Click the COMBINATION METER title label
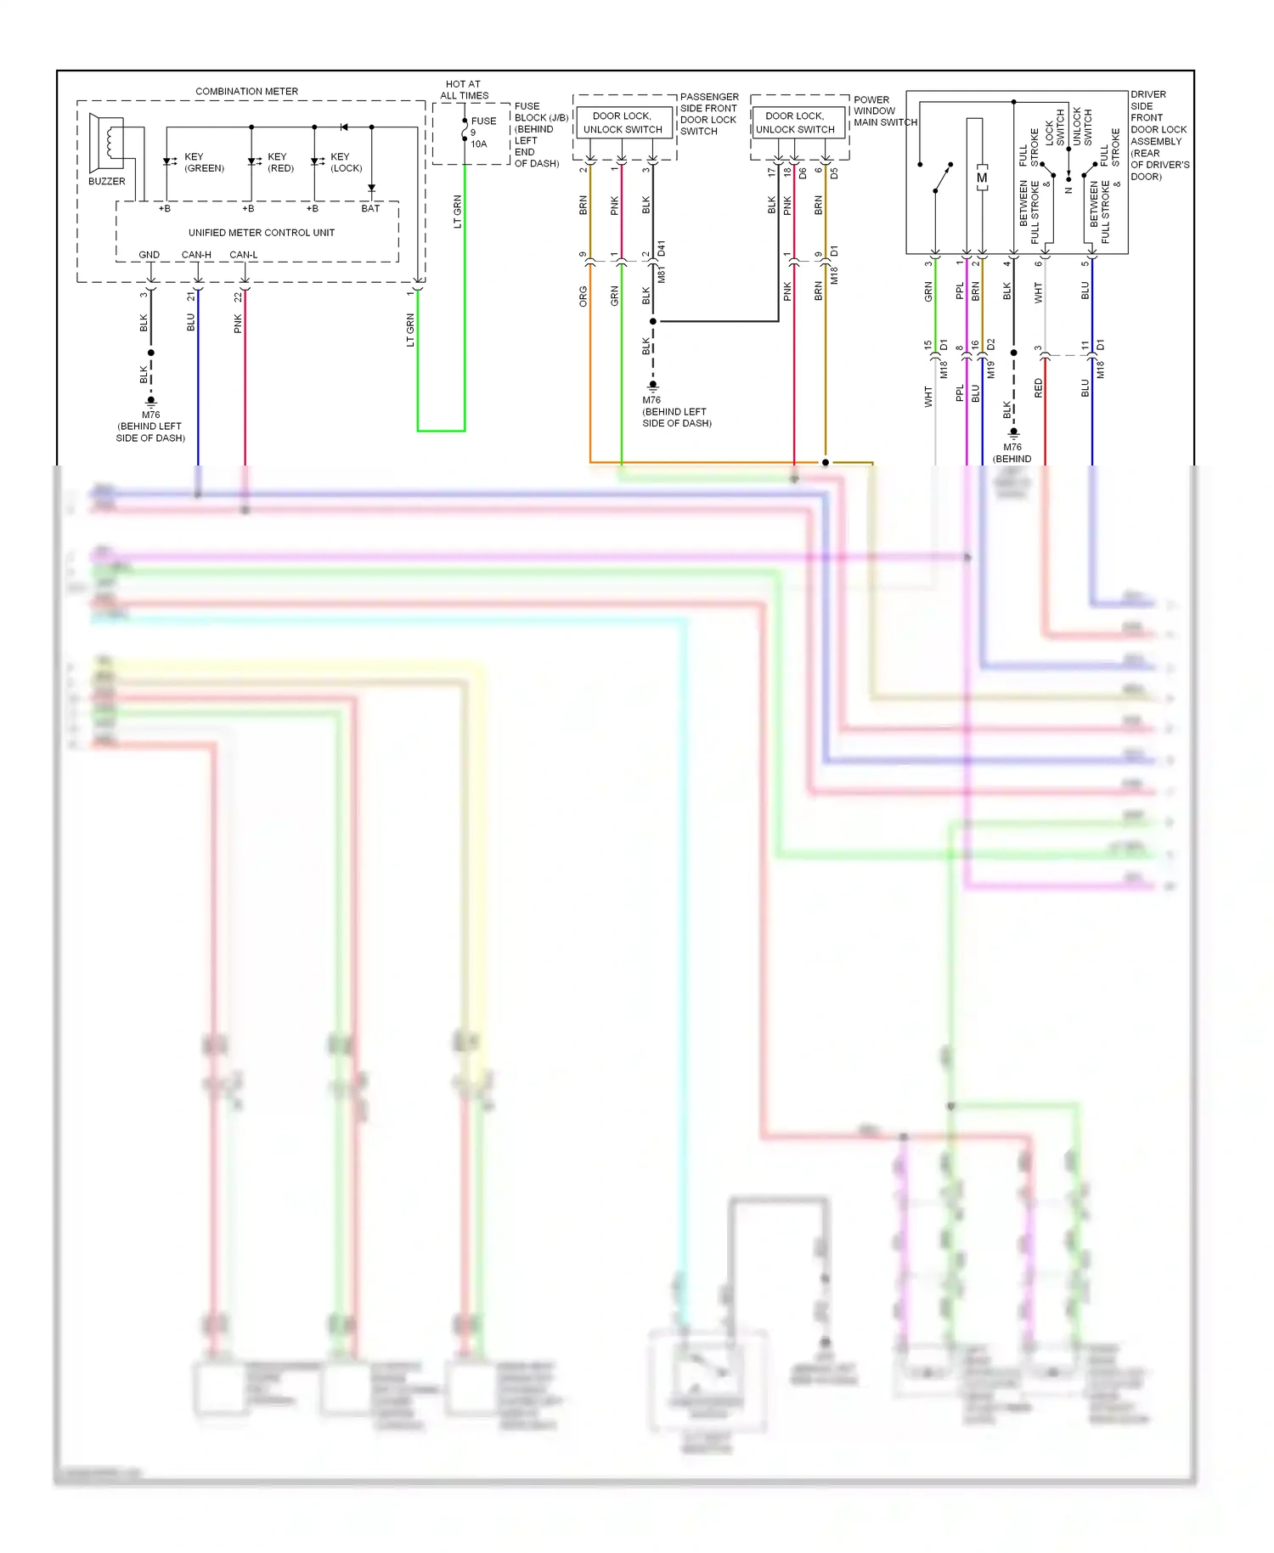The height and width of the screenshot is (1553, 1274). coord(246,91)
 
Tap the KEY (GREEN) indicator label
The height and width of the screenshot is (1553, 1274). coord(204,162)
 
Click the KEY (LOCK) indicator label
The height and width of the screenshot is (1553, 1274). coord(346,162)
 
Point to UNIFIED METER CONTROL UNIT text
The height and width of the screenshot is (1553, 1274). coord(261,232)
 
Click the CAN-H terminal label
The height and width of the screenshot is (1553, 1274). coord(196,255)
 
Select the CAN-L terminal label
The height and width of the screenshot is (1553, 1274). coord(243,255)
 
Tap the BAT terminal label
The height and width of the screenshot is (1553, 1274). coord(370,208)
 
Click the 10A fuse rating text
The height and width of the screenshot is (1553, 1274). coord(479,144)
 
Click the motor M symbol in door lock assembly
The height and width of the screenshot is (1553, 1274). coord(982,178)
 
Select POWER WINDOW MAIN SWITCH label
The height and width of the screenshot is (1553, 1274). coord(884,110)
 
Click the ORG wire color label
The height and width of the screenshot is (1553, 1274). coord(583,296)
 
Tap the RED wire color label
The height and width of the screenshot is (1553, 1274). coord(1038,388)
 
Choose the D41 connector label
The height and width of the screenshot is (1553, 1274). coord(662,249)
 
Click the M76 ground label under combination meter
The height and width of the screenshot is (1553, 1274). coord(150,415)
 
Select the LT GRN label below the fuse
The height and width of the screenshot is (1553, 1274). coord(458,212)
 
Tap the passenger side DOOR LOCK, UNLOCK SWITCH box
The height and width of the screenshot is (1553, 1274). coord(623,122)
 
